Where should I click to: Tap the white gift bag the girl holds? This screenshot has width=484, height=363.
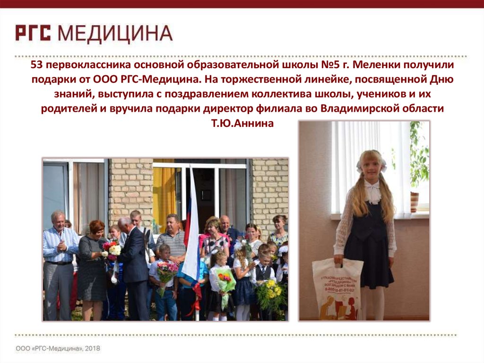[337, 288]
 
